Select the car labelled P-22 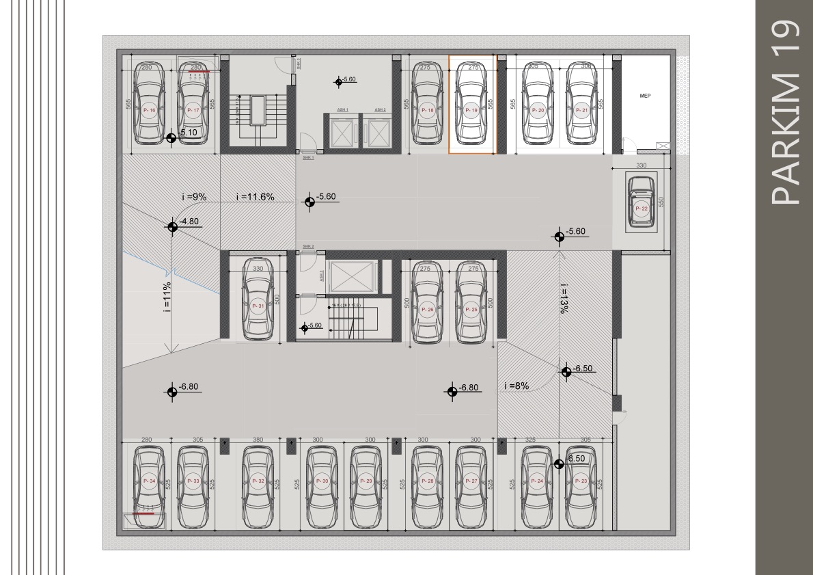click(641, 206)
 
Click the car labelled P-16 click(150, 106)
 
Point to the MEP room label click(644, 96)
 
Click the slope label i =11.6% click(255, 197)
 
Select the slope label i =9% click(194, 197)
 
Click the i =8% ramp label click(516, 386)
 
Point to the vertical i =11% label click(167, 297)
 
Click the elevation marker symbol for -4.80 click(172, 226)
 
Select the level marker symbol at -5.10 click(171, 138)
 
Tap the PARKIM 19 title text click(784, 113)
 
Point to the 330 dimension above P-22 click(641, 165)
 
